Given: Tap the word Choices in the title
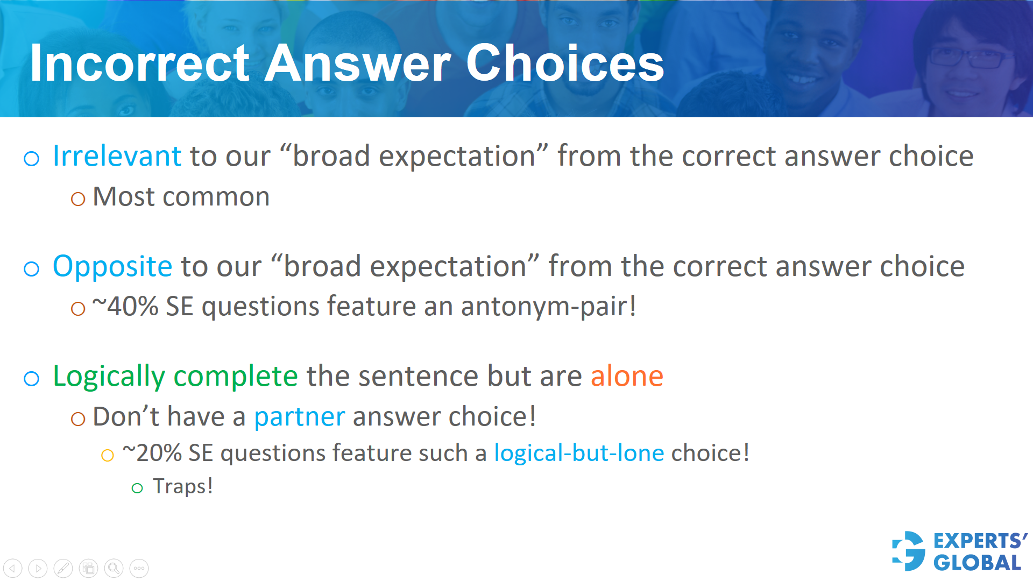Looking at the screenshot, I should tap(565, 63).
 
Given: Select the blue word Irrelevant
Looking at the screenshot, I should tap(117, 157).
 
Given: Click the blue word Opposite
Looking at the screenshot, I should tap(112, 267).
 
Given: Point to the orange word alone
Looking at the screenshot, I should tap(627, 376).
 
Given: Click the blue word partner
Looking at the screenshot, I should tap(299, 417).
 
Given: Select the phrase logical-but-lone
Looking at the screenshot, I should tap(579, 454).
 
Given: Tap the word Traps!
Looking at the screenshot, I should tap(183, 486).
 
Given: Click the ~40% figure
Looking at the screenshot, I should tap(125, 307).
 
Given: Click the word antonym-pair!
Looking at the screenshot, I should tap(548, 307).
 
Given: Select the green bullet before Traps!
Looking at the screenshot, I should tap(137, 488).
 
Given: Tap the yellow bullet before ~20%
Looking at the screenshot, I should tap(108, 456).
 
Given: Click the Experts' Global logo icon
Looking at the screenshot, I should tap(909, 551).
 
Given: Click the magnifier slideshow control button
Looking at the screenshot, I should tap(114, 568).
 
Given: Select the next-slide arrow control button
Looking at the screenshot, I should tap(38, 568).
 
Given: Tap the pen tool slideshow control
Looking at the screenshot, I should tap(63, 568).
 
